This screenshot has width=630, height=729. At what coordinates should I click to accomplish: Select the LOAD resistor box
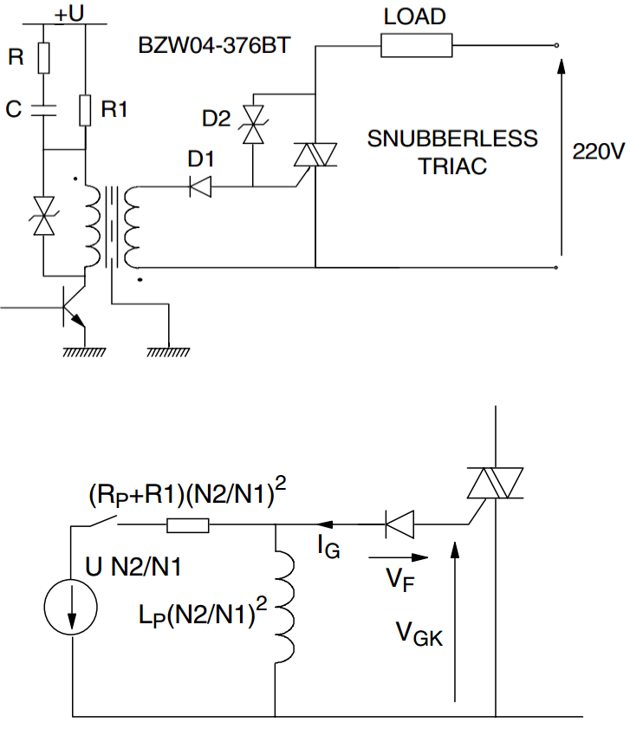pos(417,45)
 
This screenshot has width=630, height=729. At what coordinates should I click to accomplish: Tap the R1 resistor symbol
pos(85,109)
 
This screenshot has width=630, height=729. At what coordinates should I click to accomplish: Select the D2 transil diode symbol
pos(253,125)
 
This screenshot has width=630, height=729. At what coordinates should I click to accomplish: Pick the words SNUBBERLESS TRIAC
pos(452,152)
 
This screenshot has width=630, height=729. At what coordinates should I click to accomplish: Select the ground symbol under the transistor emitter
pos(84,351)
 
